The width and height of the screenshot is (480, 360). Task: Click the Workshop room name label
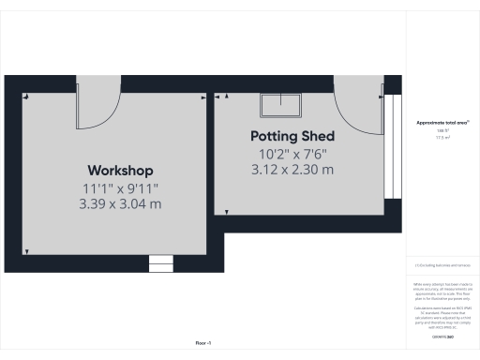(120, 171)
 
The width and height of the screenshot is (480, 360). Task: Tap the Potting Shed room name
(292, 136)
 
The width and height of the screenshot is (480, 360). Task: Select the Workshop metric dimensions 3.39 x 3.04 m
(120, 203)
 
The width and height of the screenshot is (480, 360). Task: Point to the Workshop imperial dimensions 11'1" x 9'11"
(120, 187)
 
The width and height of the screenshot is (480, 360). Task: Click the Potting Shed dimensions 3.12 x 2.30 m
(292, 170)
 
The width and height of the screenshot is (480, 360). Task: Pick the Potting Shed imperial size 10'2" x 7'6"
(292, 153)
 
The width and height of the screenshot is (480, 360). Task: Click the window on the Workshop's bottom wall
(161, 263)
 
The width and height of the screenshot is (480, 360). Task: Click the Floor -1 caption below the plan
(203, 343)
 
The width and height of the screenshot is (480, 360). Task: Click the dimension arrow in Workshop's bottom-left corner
(27, 251)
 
